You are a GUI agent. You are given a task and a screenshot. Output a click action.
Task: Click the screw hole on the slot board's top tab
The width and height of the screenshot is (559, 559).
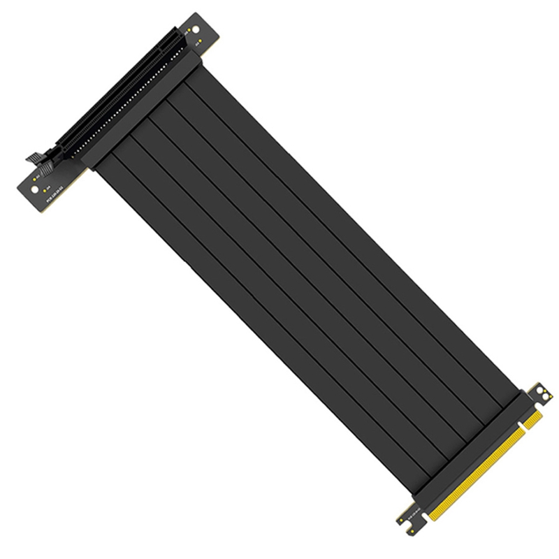click(195, 30)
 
